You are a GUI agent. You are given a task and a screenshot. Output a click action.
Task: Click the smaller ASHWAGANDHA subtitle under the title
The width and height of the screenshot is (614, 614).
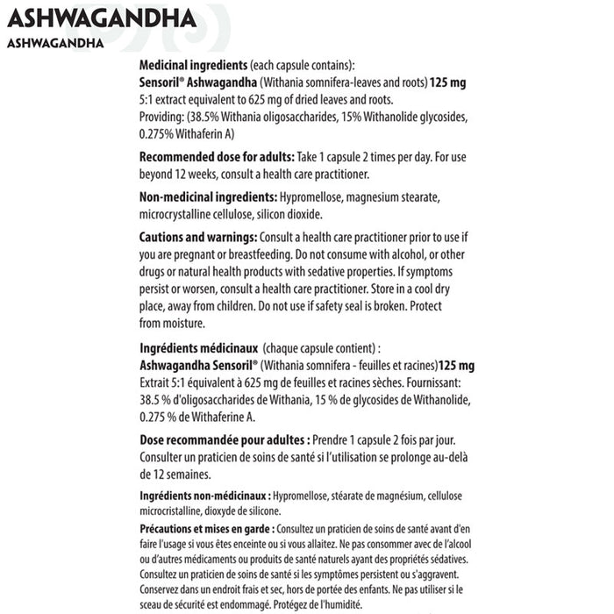pyautogui.click(x=54, y=42)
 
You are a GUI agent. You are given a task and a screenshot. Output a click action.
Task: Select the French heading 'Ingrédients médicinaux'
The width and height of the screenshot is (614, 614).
pyautogui.click(x=199, y=348)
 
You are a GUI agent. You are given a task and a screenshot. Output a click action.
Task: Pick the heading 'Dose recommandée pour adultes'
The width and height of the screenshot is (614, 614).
pyautogui.click(x=223, y=439)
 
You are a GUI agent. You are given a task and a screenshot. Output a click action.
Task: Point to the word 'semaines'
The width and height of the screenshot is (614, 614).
pyautogui.click(x=182, y=474)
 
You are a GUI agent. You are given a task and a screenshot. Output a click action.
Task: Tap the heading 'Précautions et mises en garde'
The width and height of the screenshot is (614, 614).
pyautogui.click(x=206, y=529)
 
